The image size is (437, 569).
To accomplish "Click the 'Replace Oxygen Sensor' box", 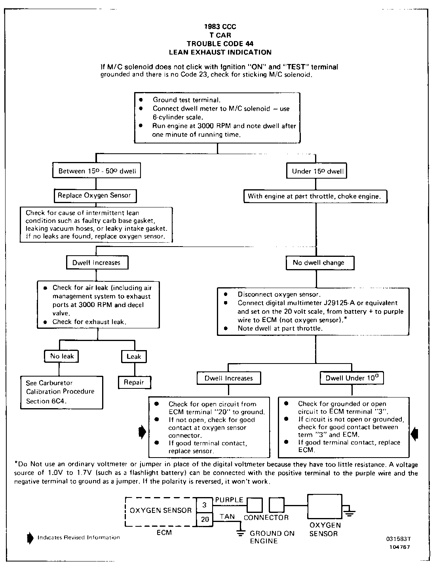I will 94,195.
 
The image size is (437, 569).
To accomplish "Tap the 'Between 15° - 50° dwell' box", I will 97,171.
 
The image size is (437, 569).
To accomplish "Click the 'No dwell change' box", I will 318,263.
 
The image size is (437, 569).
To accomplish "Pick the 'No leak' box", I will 62,356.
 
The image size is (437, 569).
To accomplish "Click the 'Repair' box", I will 133,382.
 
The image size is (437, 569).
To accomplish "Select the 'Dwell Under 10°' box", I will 351,378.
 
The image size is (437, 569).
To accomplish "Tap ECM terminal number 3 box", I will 205,505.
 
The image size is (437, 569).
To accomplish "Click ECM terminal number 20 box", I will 205,519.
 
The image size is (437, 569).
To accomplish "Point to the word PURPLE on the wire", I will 229,500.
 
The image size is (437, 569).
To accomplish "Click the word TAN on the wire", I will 227,516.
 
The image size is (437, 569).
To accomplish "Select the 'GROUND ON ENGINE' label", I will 272,537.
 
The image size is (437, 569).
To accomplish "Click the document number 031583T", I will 399,539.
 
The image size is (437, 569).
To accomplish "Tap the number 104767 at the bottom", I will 400,547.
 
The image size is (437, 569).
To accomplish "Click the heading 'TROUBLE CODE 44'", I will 220,44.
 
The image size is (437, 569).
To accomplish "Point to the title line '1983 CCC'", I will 220,27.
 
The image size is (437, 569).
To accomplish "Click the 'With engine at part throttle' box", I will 314,196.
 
